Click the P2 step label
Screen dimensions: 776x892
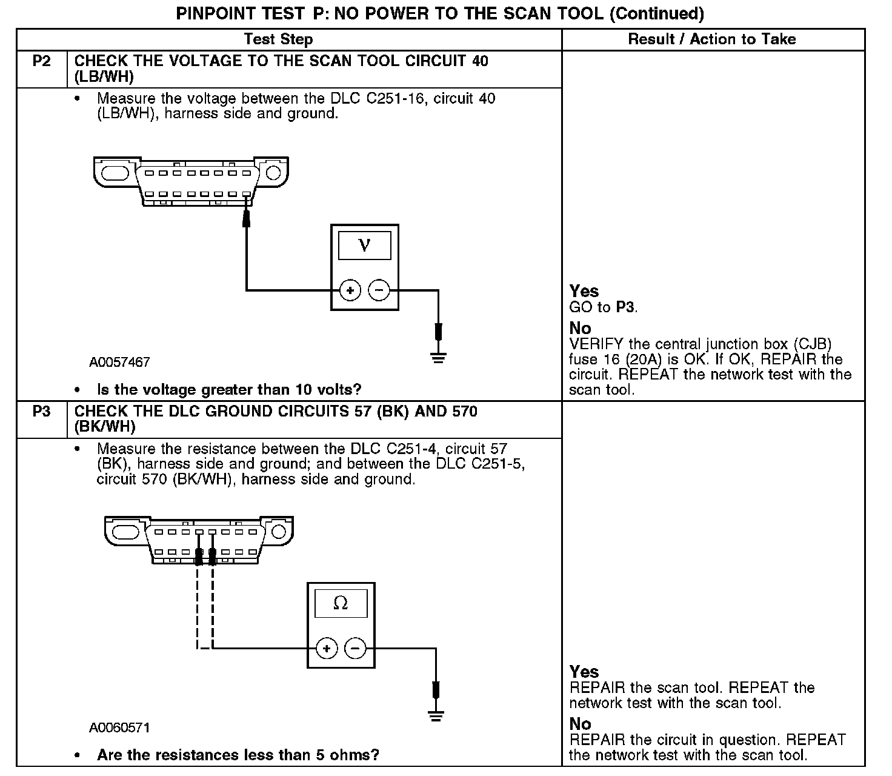tap(41, 61)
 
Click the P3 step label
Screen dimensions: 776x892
tap(41, 412)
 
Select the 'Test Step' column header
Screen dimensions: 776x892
tap(278, 39)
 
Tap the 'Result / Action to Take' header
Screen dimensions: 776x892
tap(712, 39)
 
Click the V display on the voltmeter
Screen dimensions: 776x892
tap(364, 245)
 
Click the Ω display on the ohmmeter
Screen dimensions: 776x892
tap(341, 603)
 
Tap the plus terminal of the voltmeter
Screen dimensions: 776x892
tap(350, 290)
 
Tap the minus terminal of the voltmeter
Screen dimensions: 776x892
tap(379, 290)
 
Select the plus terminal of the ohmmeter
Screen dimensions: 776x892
tap(327, 649)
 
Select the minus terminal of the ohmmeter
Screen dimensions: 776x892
tap(355, 649)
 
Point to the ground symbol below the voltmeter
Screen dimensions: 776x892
tap(439, 358)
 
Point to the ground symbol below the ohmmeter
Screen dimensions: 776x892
tap(436, 715)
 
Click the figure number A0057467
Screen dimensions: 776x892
tap(119, 363)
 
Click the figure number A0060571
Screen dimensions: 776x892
tap(119, 727)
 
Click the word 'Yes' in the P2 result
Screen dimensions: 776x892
tap(584, 291)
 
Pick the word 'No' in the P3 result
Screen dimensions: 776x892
tap(580, 724)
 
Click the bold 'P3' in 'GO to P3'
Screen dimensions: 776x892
tap(625, 307)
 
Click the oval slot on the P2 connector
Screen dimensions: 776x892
tap(115, 172)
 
